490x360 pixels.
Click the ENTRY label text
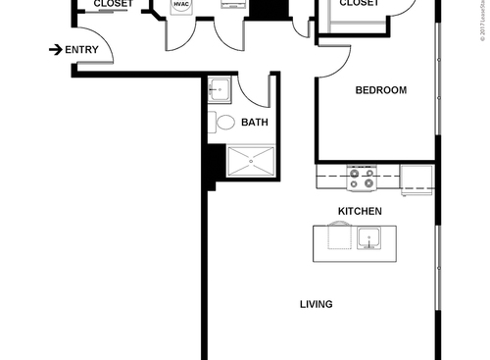click(x=81, y=49)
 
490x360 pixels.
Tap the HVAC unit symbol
click(x=180, y=6)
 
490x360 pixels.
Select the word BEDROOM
click(x=380, y=90)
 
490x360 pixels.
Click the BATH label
click(x=255, y=123)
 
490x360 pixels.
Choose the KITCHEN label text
click(x=360, y=211)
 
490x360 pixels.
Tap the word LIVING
click(x=316, y=304)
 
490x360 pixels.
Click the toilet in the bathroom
click(x=224, y=123)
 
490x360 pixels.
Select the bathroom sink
click(x=219, y=90)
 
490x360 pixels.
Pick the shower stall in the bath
click(x=253, y=161)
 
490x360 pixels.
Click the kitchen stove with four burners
click(x=362, y=178)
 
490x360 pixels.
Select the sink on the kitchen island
click(x=370, y=237)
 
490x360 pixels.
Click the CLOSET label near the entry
click(x=114, y=4)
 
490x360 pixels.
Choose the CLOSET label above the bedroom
click(x=359, y=4)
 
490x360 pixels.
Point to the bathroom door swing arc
click(x=257, y=88)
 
